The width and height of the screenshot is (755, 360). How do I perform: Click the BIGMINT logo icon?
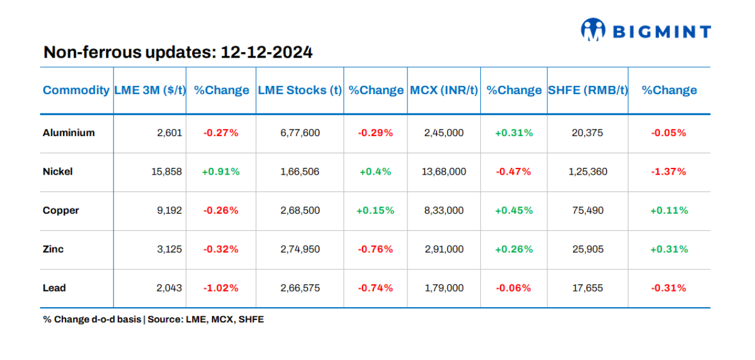pyautogui.click(x=593, y=30)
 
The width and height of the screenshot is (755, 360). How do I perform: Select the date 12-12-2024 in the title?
pyautogui.click(x=266, y=52)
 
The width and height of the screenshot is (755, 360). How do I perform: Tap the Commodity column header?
pyautogui.click(x=76, y=90)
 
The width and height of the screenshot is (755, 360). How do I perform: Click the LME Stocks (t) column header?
pyautogui.click(x=299, y=90)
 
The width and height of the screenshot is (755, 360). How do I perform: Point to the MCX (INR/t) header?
pyautogui.click(x=444, y=90)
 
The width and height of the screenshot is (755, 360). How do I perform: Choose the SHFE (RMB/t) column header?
pyautogui.click(x=588, y=90)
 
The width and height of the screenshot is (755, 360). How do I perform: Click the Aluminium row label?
pyautogui.click(x=68, y=133)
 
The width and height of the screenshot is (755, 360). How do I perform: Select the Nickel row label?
pyautogui.click(x=58, y=172)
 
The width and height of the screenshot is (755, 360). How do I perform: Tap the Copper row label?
pyautogui.click(x=61, y=211)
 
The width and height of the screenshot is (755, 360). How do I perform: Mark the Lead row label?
pyautogui.click(x=54, y=288)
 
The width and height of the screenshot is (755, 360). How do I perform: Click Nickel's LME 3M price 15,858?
pyautogui.click(x=167, y=172)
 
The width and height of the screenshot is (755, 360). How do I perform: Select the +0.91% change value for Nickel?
pyautogui.click(x=221, y=172)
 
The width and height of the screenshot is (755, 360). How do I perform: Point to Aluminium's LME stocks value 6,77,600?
pyautogui.click(x=300, y=133)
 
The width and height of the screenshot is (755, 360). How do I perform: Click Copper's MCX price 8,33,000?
pyautogui.click(x=444, y=211)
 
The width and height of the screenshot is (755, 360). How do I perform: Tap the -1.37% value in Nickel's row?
pyautogui.click(x=669, y=172)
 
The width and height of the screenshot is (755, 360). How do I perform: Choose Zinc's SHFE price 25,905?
pyautogui.click(x=588, y=249)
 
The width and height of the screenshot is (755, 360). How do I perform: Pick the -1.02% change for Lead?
pyautogui.click(x=221, y=288)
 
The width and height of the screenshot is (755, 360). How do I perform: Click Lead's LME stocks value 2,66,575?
pyautogui.click(x=300, y=288)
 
